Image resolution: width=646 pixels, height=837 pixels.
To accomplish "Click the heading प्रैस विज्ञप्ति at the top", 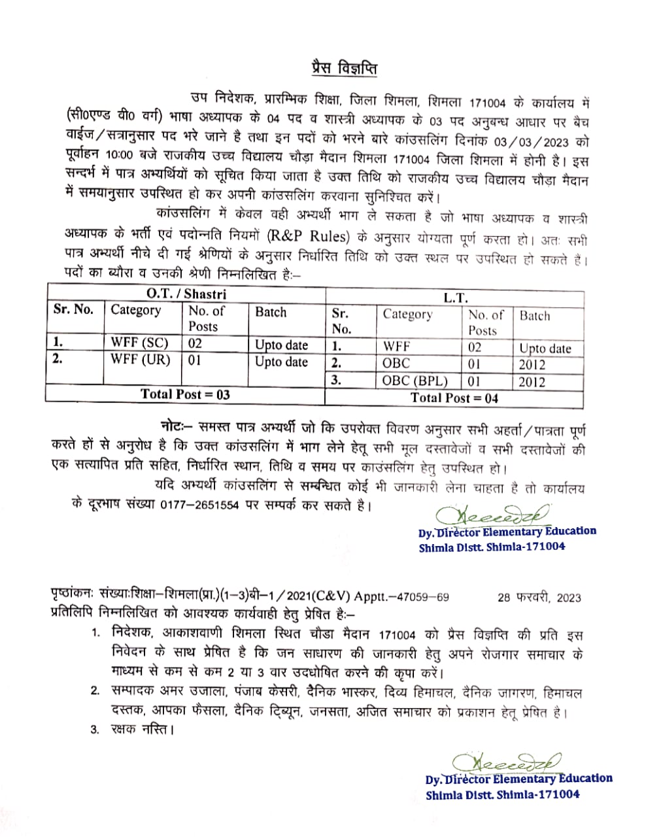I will tap(343, 69).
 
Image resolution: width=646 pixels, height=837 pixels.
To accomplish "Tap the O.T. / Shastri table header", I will tap(186, 294).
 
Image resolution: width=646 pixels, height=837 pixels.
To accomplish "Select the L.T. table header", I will tap(455, 298).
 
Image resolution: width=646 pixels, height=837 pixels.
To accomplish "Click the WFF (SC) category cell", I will tap(139, 343).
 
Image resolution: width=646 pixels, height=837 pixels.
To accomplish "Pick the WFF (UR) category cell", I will tap(140, 360).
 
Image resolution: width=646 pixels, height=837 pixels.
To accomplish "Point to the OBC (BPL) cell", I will tap(415, 381).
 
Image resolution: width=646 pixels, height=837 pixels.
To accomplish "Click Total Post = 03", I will tap(185, 394).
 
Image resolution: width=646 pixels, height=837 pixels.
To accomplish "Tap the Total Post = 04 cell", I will tap(454, 398).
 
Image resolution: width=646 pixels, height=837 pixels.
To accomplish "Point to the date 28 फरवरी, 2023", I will tap(539, 597).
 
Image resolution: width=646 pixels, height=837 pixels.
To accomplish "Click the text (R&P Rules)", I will tap(309, 237).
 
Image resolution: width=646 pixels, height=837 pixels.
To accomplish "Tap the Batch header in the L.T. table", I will tap(535, 315).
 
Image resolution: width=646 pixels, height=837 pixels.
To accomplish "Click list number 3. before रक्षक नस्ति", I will tap(95, 728).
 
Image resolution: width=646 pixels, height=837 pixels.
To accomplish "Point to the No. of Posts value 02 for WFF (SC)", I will tap(195, 343).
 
